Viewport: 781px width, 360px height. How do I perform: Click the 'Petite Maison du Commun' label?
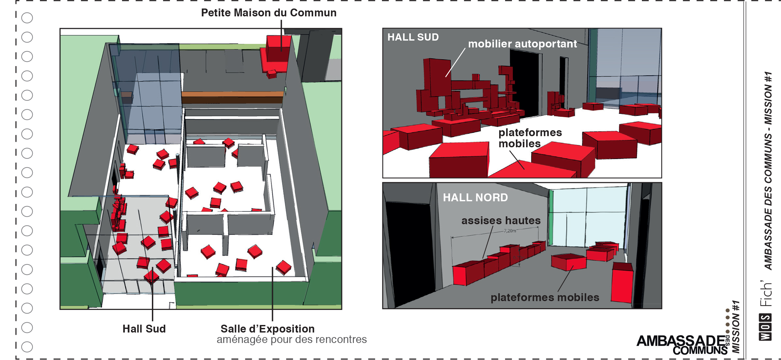click(x=268, y=13)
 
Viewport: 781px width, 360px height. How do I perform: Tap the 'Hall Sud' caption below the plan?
click(x=144, y=329)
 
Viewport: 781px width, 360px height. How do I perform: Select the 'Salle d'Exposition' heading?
click(x=267, y=329)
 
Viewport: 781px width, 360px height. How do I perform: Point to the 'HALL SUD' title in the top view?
click(x=413, y=37)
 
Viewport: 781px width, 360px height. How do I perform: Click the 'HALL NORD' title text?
click(x=475, y=197)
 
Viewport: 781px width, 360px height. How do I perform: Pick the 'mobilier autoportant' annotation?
click(x=522, y=44)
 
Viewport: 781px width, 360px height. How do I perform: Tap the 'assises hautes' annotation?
click(x=501, y=221)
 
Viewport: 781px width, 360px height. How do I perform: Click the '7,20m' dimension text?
click(x=510, y=231)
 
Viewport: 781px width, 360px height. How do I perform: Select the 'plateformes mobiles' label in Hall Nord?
click(x=545, y=297)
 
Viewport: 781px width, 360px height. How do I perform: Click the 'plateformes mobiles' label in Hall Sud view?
click(x=530, y=138)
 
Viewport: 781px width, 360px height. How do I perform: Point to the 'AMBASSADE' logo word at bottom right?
click(x=681, y=341)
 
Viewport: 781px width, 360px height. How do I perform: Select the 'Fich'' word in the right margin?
click(x=766, y=294)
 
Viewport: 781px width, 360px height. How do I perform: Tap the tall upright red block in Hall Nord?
click(x=622, y=283)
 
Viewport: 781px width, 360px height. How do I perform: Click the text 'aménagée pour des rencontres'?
click(x=291, y=339)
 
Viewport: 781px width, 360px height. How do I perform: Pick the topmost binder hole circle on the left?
click(x=27, y=18)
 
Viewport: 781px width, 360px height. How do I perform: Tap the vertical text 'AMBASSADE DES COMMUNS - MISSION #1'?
click(x=768, y=170)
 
